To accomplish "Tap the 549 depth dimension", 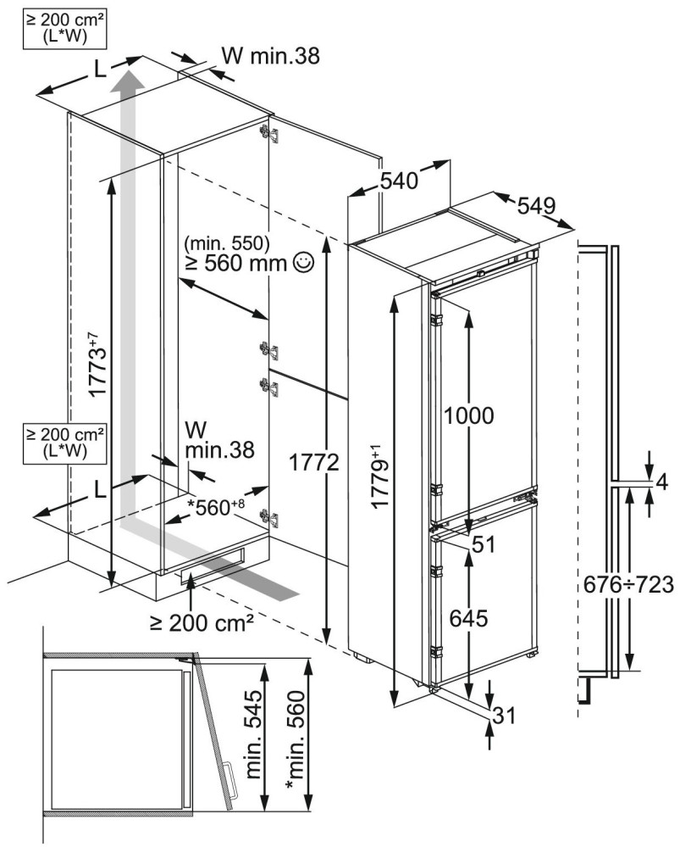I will (x=537, y=205).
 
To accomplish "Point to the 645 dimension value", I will (x=469, y=619).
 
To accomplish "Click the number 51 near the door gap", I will (x=484, y=543).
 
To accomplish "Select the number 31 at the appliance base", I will (x=504, y=716).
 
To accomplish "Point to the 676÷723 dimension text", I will (x=628, y=584).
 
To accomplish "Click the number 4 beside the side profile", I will (x=662, y=482).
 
